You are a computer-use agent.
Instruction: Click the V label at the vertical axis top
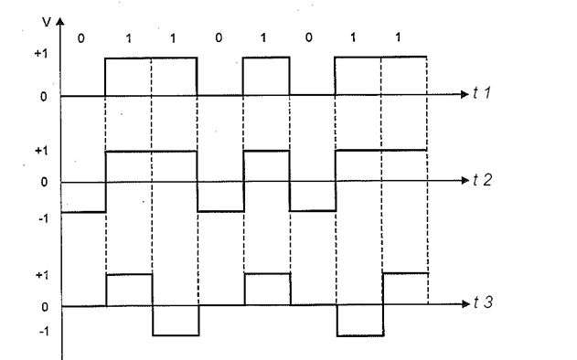pyautogui.click(x=47, y=23)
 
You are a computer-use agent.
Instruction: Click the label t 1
pyautogui.click(x=482, y=92)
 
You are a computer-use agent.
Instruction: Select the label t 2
pyautogui.click(x=482, y=180)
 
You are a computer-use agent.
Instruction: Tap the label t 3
pyautogui.click(x=483, y=302)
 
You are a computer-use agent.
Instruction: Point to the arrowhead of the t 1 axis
pyautogui.click(x=465, y=94)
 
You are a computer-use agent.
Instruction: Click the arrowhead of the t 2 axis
pyautogui.click(x=465, y=181)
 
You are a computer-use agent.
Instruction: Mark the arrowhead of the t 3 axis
pyautogui.click(x=465, y=303)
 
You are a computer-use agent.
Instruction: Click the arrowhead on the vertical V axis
pyautogui.click(x=60, y=21)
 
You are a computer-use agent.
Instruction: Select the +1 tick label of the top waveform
pyautogui.click(x=41, y=54)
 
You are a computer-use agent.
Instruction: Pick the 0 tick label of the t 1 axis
pyautogui.click(x=43, y=97)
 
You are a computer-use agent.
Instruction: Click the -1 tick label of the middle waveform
pyautogui.click(x=43, y=218)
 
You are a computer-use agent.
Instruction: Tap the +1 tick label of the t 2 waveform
pyautogui.click(x=41, y=151)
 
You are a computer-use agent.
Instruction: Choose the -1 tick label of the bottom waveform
pyautogui.click(x=43, y=332)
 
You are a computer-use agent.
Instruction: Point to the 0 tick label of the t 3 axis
pyautogui.click(x=45, y=307)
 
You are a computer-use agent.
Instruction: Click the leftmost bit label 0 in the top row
pyautogui.click(x=81, y=38)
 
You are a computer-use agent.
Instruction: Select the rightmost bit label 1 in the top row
pyautogui.click(x=398, y=37)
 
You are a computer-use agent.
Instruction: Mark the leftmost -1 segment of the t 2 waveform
pyautogui.click(x=83, y=212)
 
